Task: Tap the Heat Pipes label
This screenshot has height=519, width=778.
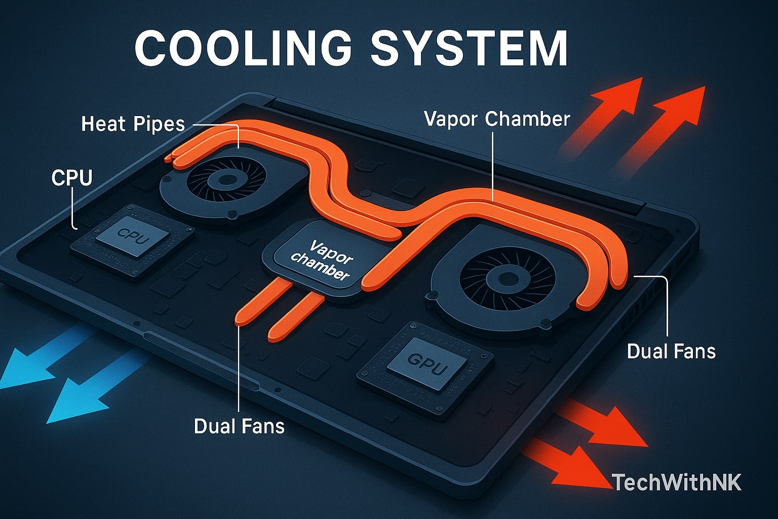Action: click(x=133, y=124)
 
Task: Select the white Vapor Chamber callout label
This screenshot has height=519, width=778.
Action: click(x=497, y=119)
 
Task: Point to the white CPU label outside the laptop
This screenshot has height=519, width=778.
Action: click(x=72, y=178)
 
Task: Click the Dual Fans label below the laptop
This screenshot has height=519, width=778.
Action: click(x=239, y=426)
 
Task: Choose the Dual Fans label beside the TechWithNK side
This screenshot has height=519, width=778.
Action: click(x=671, y=351)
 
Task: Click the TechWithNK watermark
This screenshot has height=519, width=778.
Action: click(x=676, y=483)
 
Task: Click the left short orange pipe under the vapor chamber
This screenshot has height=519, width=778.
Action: click(x=261, y=303)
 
